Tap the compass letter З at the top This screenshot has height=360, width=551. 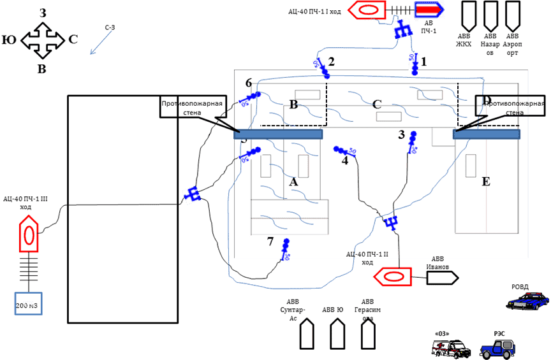pos(42,13)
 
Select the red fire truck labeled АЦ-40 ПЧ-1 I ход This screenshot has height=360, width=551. pos(368,10)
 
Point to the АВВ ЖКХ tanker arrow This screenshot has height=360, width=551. pos(467,13)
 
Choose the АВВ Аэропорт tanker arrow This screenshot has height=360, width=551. pos(512,13)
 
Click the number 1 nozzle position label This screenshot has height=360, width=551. pos(422,61)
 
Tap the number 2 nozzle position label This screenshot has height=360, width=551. pos(331,61)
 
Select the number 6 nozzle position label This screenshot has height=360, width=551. pos(249,83)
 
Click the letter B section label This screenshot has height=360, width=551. pos(293,104)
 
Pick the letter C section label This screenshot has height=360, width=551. pos(377,104)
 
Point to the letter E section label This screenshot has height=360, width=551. pos(486,182)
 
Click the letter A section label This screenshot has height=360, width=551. pos(293,182)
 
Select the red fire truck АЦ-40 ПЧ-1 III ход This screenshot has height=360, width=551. pos(29,233)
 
